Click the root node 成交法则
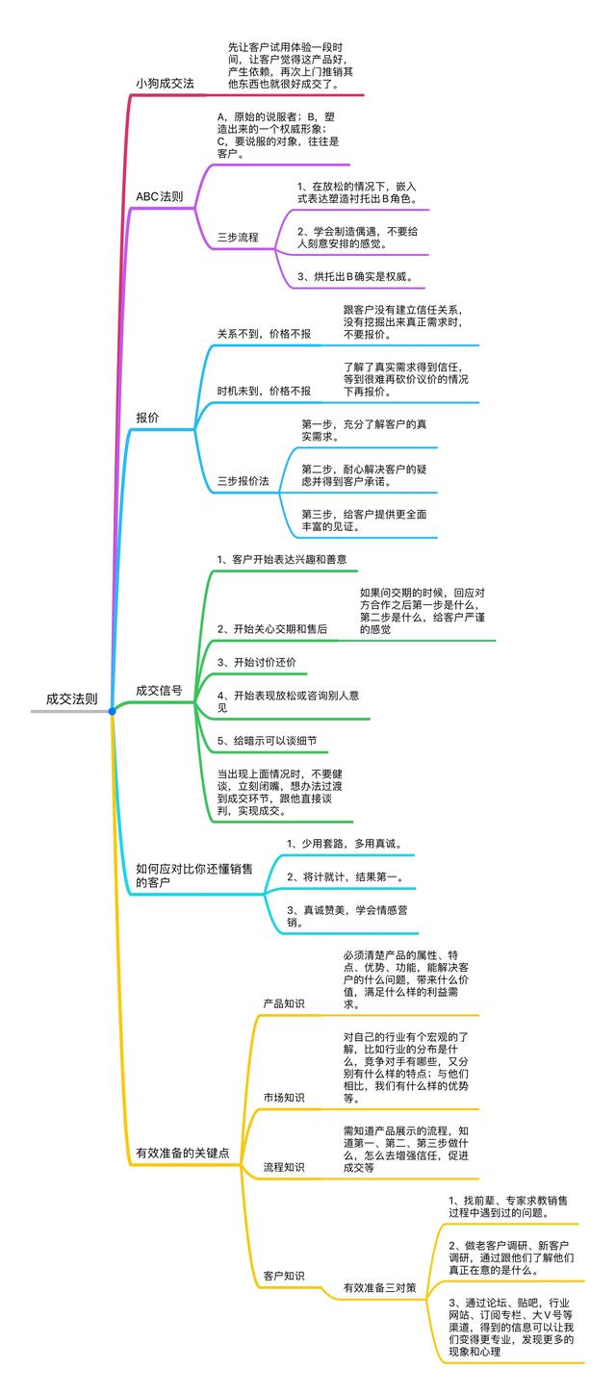[x=71, y=698]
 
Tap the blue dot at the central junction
[x=113, y=711]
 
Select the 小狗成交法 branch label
[x=165, y=84]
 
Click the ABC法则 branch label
[x=160, y=196]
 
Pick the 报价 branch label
[x=147, y=418]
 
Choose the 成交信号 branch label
[x=159, y=690]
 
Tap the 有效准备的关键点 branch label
[x=183, y=1153]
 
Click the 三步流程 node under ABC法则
[x=238, y=237]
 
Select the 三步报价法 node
[x=243, y=479]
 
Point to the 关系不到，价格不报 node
[x=264, y=334]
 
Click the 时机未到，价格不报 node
[x=264, y=391]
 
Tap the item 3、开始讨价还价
[x=257, y=662]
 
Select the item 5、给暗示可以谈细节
[x=267, y=741]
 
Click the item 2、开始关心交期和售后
[x=272, y=628]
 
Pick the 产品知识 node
[x=284, y=1004]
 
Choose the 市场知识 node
[x=284, y=1098]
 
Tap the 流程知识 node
[x=284, y=1167]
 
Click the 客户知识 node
[x=284, y=1276]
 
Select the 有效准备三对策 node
[x=380, y=1287]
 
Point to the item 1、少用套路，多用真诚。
[x=345, y=844]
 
